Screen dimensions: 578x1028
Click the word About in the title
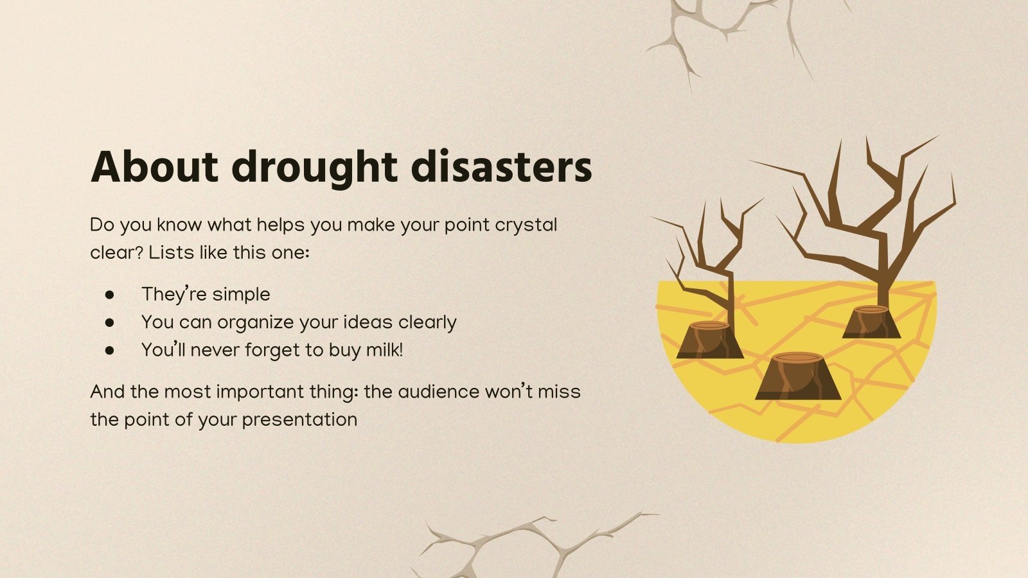tap(154, 167)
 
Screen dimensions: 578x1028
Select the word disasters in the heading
tap(501, 167)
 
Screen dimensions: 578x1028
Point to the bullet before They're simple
tap(110, 294)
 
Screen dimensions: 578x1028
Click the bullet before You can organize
tap(110, 322)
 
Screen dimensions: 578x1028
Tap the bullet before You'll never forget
tap(110, 351)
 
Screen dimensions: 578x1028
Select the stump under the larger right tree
tap(871, 322)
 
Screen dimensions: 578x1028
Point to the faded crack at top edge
tap(726, 32)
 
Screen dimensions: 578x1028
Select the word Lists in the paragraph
tap(171, 253)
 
